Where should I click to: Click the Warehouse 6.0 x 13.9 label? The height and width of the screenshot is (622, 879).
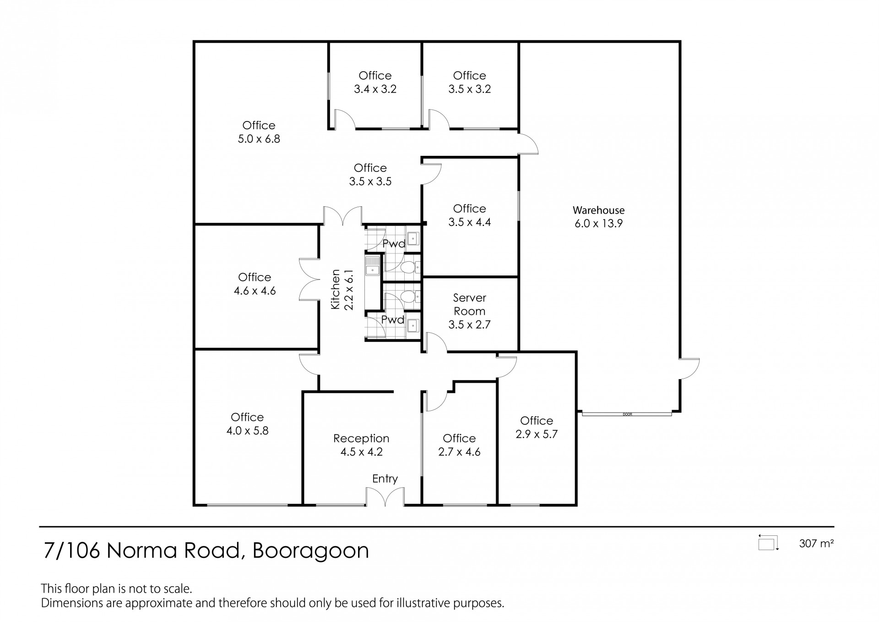click(x=598, y=217)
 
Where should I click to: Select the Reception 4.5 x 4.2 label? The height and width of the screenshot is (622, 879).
click(x=361, y=445)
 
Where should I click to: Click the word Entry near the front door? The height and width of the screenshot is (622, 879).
click(x=385, y=479)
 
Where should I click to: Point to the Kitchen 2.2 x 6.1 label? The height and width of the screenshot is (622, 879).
click(x=342, y=289)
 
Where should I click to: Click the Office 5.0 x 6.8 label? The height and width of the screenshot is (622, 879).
click(x=259, y=132)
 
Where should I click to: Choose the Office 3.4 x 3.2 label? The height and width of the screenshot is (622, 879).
click(x=375, y=82)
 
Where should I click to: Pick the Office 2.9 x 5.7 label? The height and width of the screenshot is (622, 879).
click(x=537, y=427)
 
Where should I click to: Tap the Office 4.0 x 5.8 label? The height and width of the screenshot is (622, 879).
click(x=247, y=424)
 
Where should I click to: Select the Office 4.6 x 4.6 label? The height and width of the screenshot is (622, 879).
click(x=255, y=284)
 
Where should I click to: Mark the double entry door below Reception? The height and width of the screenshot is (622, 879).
click(x=385, y=496)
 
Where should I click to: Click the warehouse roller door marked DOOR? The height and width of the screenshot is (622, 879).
click(x=627, y=414)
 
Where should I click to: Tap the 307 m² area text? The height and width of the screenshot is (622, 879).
click(x=816, y=544)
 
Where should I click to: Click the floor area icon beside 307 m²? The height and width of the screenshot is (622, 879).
click(x=769, y=543)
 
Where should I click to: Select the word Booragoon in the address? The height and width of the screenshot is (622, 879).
click(x=311, y=550)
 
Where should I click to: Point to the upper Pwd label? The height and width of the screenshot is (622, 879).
click(x=394, y=243)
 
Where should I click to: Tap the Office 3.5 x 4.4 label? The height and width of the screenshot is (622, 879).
click(x=469, y=215)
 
